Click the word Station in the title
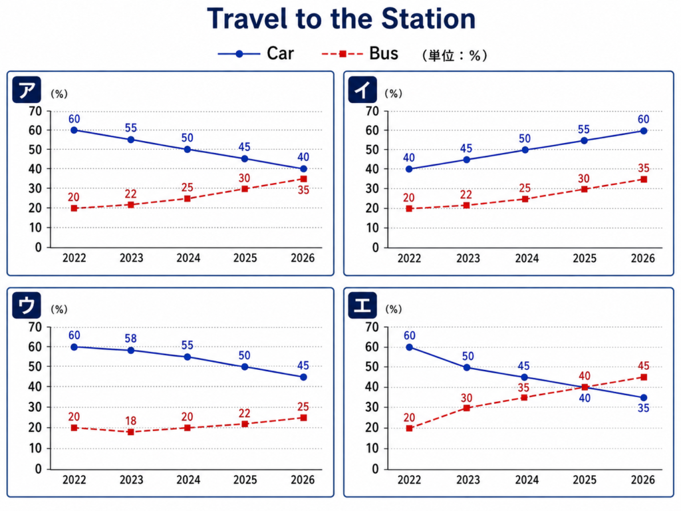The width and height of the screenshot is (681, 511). (428, 19)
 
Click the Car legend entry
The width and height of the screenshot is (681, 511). (256, 53)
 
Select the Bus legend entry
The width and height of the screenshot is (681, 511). (360, 53)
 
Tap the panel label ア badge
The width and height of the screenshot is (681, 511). (27, 90)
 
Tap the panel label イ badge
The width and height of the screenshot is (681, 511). (362, 90)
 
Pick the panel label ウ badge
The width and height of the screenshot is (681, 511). (27, 305)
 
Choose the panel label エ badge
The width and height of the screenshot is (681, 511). (362, 305)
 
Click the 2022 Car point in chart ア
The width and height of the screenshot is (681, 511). (74, 130)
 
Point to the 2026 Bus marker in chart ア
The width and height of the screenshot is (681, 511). (303, 179)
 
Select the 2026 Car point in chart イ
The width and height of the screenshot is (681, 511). (644, 131)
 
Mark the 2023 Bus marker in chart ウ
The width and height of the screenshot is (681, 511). (131, 432)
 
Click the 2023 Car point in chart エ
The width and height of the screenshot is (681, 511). (467, 367)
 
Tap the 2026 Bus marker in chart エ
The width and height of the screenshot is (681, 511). (644, 377)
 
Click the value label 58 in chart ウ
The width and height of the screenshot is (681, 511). (131, 338)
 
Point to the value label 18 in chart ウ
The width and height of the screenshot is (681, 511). (131, 421)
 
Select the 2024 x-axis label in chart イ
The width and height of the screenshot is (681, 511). (527, 259)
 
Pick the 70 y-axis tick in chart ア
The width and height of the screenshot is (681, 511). (36, 111)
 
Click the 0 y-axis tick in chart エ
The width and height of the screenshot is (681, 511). (375, 469)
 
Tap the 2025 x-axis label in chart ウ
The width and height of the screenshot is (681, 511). (245, 480)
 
